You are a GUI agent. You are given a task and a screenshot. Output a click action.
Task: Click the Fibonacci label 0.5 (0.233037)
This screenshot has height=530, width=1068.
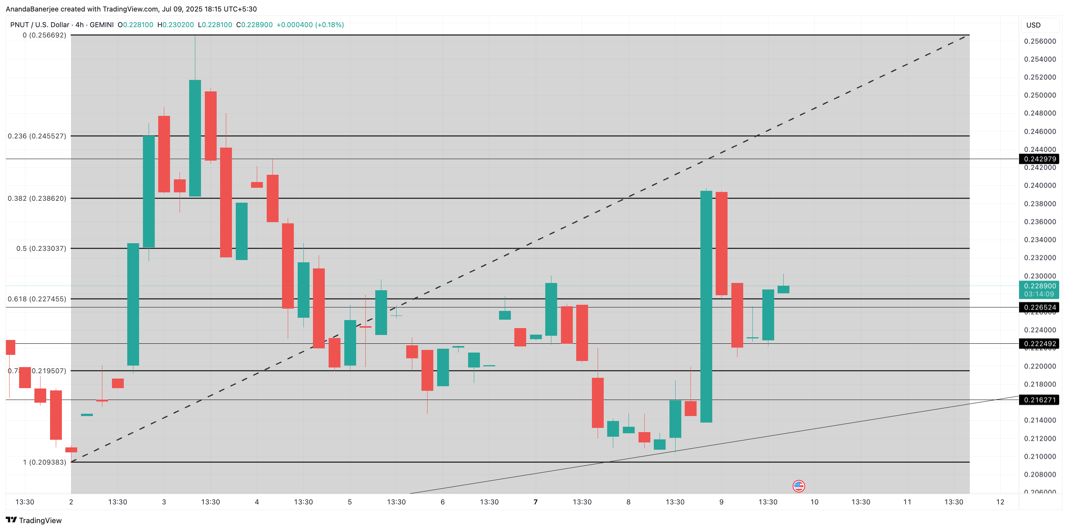coord(41,248)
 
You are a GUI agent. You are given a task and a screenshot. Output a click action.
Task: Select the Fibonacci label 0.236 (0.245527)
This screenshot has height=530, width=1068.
coord(37,136)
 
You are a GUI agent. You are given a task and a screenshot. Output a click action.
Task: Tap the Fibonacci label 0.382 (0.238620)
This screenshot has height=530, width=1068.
coord(37,198)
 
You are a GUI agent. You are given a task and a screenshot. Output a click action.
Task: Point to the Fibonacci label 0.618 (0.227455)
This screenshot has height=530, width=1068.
coord(37,299)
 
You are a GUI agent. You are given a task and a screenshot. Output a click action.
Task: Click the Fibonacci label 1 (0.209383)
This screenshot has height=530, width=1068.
coord(44,462)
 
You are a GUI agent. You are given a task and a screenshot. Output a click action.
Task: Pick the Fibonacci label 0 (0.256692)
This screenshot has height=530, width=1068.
coord(44,35)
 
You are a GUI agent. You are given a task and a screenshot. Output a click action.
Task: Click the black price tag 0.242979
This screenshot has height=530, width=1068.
coord(1039,159)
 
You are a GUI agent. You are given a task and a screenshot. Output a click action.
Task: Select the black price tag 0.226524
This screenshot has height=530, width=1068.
coord(1039,307)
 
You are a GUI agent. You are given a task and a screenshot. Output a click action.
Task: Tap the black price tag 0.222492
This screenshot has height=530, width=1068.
coord(1039,344)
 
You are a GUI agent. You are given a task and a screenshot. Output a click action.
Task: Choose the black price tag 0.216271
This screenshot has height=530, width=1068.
coord(1039,400)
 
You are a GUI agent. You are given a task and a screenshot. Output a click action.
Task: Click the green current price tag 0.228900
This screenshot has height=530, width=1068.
coord(1039,286)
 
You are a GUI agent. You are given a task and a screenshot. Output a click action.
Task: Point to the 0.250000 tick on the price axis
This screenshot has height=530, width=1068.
coord(1039,95)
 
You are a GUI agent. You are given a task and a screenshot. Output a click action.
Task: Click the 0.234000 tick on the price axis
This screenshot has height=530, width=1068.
coord(1039,239)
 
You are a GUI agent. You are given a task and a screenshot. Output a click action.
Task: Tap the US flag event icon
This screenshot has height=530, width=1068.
coord(799,486)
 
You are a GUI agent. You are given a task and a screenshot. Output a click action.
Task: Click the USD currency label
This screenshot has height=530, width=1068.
coord(1033,25)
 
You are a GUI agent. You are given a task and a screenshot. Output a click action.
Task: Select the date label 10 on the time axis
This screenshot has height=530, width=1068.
coord(814,502)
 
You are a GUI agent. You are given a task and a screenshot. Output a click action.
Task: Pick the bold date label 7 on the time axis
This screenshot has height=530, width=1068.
coord(535,502)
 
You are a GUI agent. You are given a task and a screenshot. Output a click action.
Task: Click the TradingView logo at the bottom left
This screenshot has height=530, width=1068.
coord(34,520)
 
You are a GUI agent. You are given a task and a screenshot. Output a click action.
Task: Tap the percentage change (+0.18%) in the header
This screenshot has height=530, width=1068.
coord(330,25)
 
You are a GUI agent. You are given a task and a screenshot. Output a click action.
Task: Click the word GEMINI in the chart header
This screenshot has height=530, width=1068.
coord(102,25)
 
